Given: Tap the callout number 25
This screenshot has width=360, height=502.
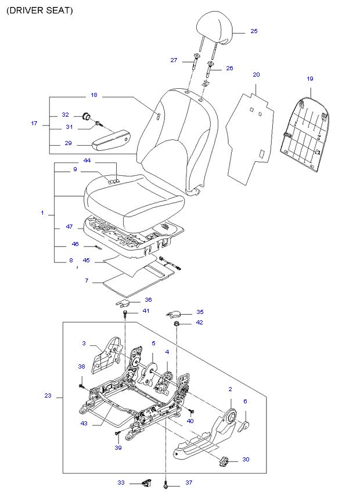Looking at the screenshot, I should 254,31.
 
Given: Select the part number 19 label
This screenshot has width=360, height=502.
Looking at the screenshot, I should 309,78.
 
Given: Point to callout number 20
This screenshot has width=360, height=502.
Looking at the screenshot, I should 256,75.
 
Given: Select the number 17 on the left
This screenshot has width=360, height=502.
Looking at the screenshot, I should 34,123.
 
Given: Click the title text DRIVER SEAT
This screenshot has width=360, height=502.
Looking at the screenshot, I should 39,11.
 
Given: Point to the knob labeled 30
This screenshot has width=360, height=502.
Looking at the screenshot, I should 225,462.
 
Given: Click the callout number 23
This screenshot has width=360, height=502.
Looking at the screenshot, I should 48,396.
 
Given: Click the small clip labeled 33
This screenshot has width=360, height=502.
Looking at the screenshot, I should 146,482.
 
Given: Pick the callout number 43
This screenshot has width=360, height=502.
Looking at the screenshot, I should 84,423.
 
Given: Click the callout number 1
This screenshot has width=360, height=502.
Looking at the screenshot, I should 42,214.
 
